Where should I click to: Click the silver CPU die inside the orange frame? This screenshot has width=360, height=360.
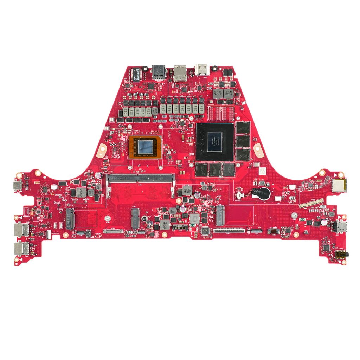click(145, 146)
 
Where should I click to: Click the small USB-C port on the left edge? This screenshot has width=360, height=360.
click(17, 186)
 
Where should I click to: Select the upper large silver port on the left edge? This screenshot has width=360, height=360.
click(20, 230)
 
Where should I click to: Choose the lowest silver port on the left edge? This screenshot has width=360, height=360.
click(20, 249)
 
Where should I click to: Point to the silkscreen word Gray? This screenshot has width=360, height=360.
click(60, 208)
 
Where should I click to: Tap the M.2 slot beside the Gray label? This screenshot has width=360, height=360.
click(70, 219)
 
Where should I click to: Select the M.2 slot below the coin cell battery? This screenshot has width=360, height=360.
click(220, 215)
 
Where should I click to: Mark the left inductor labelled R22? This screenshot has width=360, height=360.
click(217, 93)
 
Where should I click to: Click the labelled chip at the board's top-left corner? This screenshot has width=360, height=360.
click(135, 74)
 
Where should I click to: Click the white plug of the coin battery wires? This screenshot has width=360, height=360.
click(239, 194)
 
